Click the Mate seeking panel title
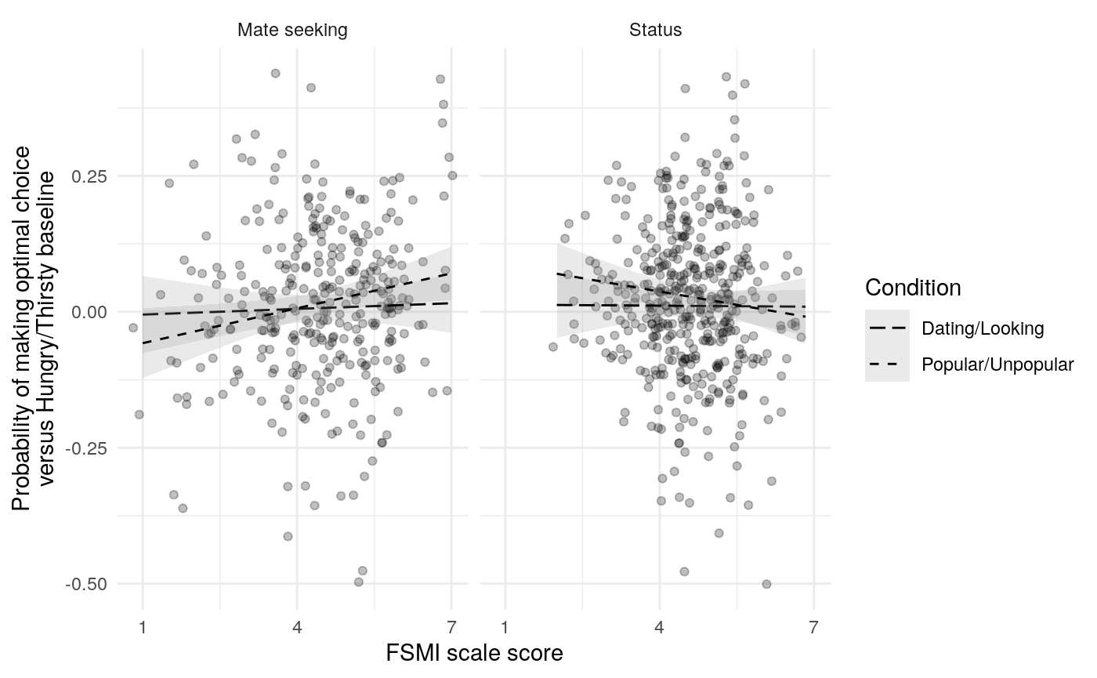pyautogui.click(x=292, y=31)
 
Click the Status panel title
pyautogui.click(x=655, y=31)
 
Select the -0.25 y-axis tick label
pyautogui.click(x=89, y=448)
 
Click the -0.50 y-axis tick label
pyautogui.click(x=89, y=584)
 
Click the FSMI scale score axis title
pyautogui.click(x=474, y=653)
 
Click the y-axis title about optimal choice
pyautogui.click(x=34, y=328)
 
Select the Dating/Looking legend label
pyautogui.click(x=983, y=328)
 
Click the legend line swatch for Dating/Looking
pyautogui.click(x=887, y=328)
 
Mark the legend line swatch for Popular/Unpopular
pyautogui.click(x=887, y=364)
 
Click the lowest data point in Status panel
pyautogui.click(x=766, y=584)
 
